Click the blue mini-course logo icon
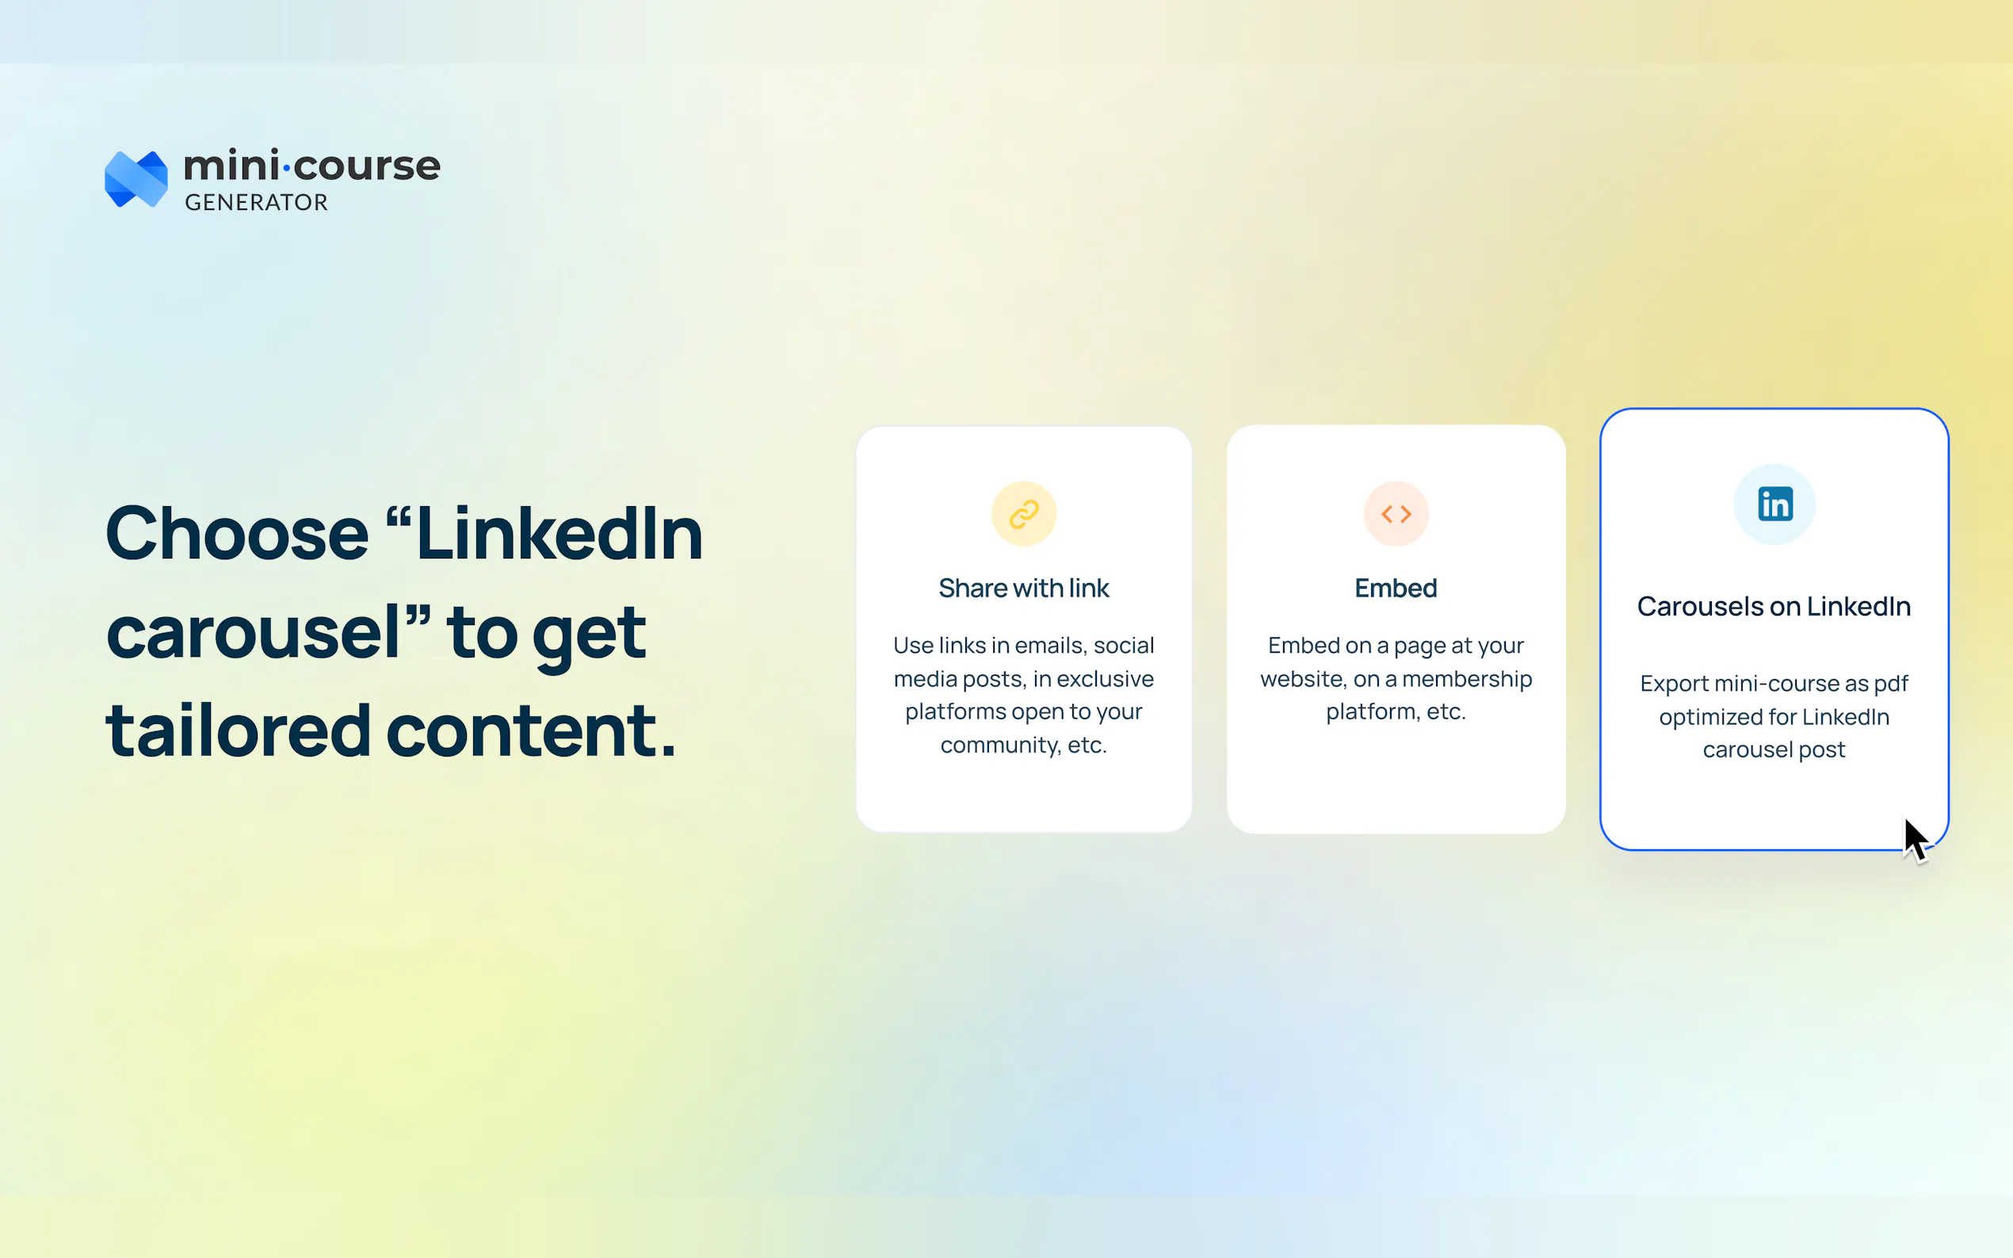[136, 179]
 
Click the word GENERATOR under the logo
[256, 202]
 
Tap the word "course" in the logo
[367, 166]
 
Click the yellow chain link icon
[1024, 514]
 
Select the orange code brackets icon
[1396, 514]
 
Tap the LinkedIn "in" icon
[1774, 504]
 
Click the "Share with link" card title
[1024, 589]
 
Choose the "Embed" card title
[1396, 589]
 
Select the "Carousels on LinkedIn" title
[1774, 607]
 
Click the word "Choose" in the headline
[237, 534]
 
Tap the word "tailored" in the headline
[239, 730]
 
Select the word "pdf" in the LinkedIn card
[1891, 684]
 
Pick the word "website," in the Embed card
[1303, 679]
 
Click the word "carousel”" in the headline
[269, 632]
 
